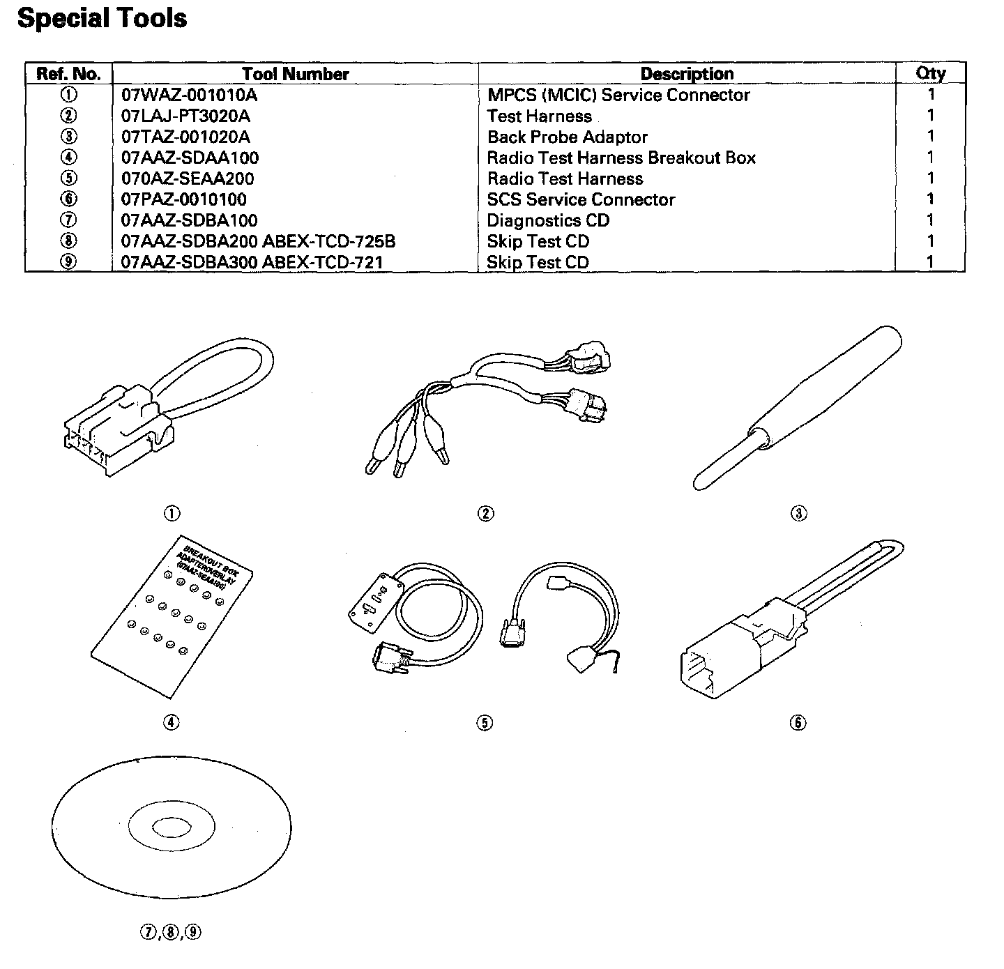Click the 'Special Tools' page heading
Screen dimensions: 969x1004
[102, 18]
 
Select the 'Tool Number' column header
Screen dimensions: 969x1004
[295, 74]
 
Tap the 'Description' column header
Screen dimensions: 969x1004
[687, 74]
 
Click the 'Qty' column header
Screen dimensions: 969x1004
[930, 74]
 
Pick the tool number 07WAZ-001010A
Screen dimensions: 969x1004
[189, 95]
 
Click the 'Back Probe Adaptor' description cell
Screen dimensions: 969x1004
[567, 137]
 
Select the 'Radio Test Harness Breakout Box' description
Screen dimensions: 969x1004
[621, 158]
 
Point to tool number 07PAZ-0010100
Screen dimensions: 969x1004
[183, 199]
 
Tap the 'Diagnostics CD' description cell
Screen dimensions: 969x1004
[548, 220]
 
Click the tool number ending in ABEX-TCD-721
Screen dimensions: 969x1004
[252, 262]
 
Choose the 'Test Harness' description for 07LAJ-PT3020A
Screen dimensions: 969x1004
[539, 116]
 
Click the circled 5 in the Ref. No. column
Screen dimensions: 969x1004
[69, 178]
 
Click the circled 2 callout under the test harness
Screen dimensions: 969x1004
[485, 514]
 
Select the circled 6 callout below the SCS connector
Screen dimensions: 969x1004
[798, 722]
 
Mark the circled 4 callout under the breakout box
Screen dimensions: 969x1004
[172, 722]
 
